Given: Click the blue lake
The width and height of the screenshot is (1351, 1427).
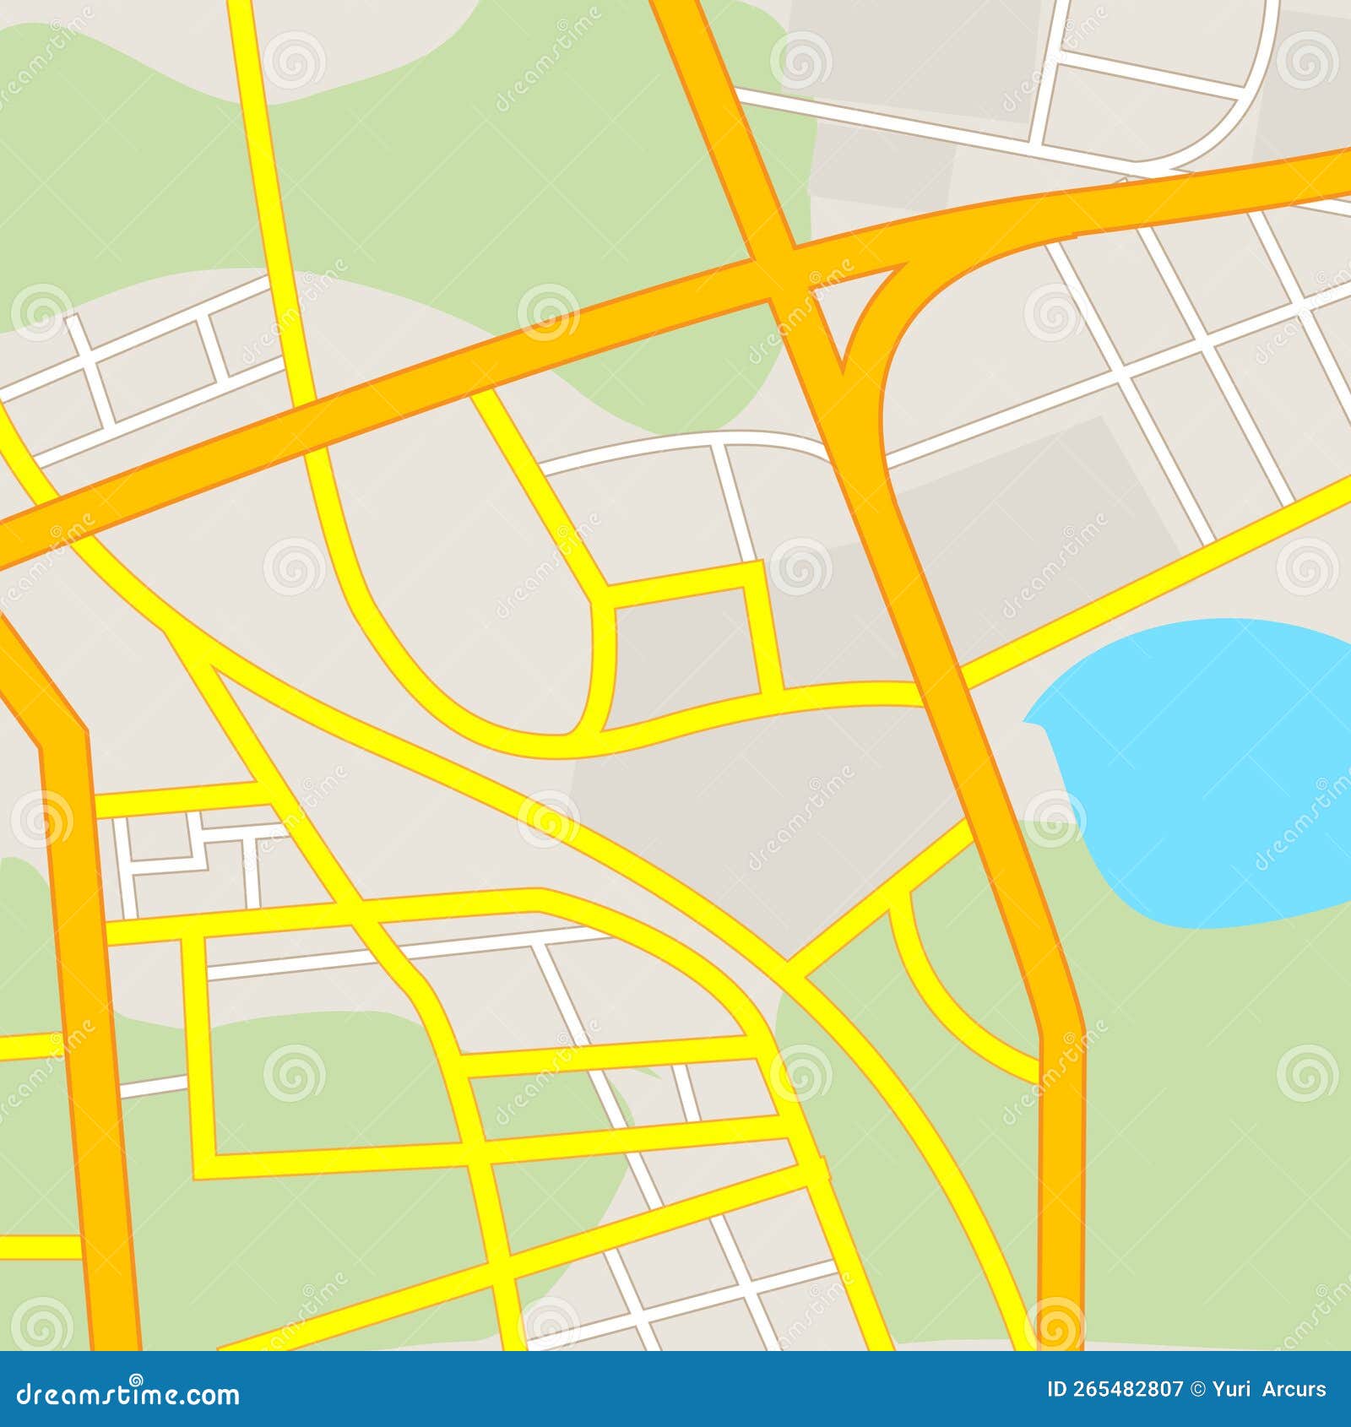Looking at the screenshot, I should [1199, 768].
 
